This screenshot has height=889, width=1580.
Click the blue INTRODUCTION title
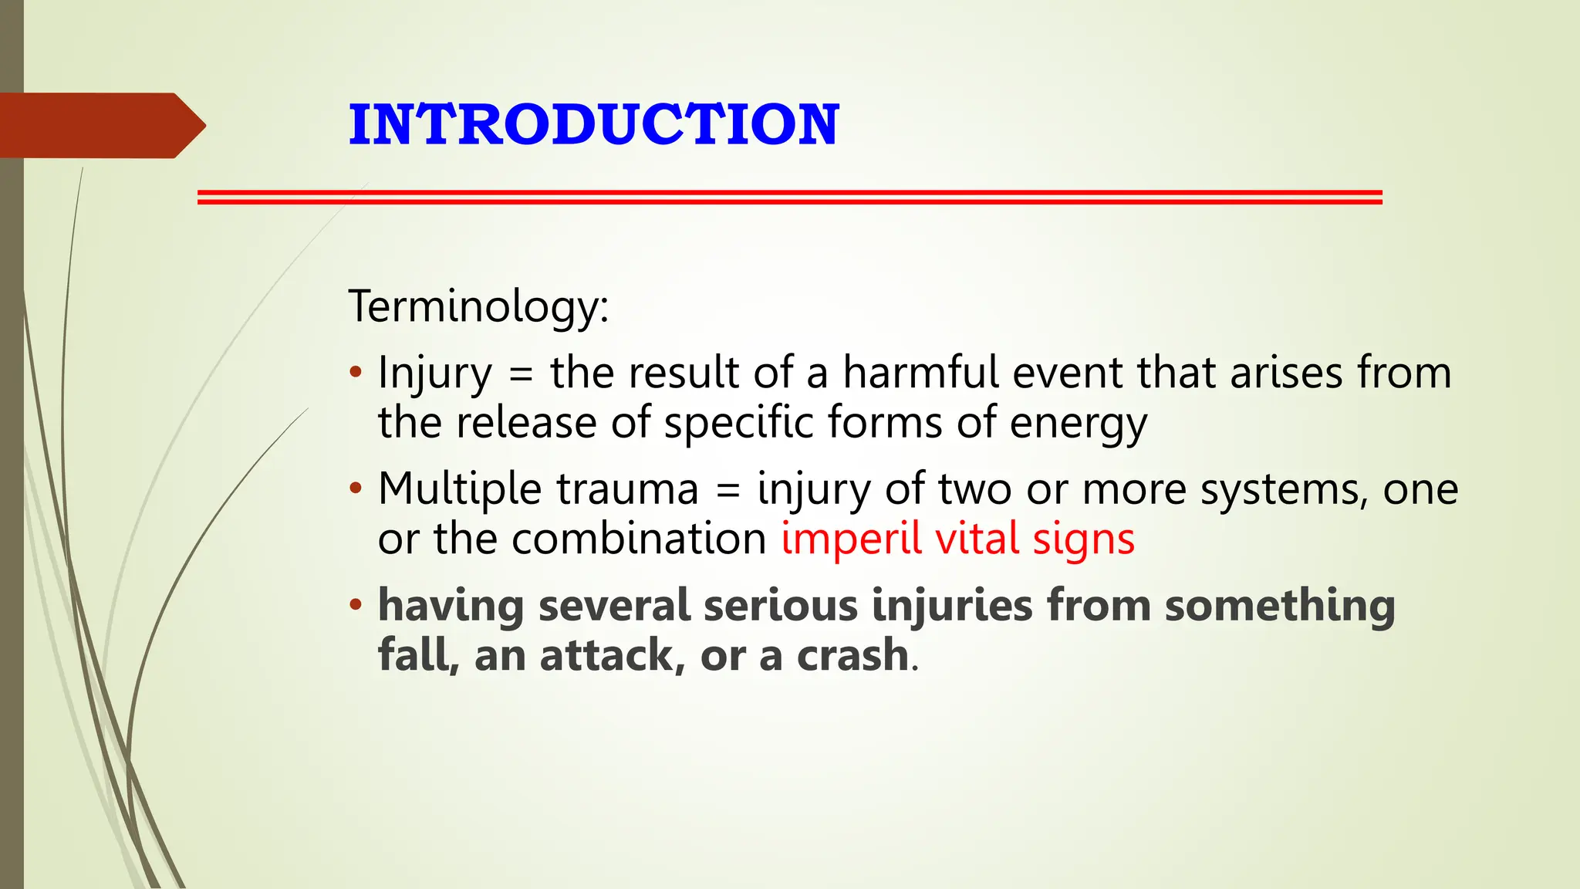pyautogui.click(x=593, y=124)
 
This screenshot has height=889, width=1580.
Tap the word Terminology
pyautogui.click(x=473, y=306)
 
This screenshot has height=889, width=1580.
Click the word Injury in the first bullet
pyautogui.click(x=434, y=374)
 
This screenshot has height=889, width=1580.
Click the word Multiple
pyautogui.click(x=459, y=489)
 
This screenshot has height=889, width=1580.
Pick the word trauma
pyautogui.click(x=626, y=489)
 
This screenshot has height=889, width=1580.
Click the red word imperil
pyautogui.click(x=851, y=539)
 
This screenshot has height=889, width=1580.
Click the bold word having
pyautogui.click(x=451, y=605)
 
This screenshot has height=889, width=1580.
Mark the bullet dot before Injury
pyautogui.click(x=355, y=373)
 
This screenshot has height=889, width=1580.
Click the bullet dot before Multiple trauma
pyautogui.click(x=355, y=488)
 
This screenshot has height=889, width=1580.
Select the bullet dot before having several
pyautogui.click(x=355, y=604)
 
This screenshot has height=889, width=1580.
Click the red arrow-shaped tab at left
pyautogui.click(x=100, y=126)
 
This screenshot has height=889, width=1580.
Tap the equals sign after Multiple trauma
pyautogui.click(x=728, y=491)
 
